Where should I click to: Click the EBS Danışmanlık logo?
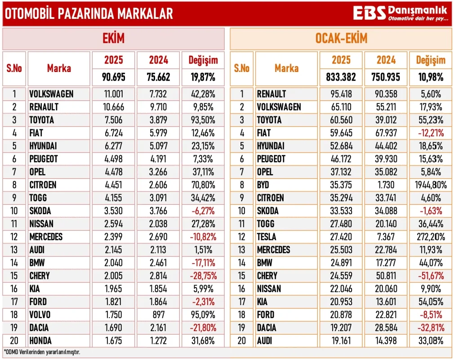[x=401, y=13]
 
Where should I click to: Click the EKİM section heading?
[x=113, y=39]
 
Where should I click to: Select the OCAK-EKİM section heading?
[x=341, y=39]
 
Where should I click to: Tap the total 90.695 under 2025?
[x=113, y=77]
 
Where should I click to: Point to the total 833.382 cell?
[x=341, y=77]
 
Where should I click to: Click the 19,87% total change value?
[x=203, y=77]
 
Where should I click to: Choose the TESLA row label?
[x=267, y=237]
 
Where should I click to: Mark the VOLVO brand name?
[x=40, y=315]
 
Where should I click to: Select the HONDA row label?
[x=40, y=341]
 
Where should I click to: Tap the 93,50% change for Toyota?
[x=203, y=120]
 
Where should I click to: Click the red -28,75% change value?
[x=203, y=276]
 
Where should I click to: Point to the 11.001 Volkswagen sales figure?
[x=113, y=94]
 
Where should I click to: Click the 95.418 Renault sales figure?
[x=341, y=94]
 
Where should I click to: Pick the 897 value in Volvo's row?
[x=159, y=315]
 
